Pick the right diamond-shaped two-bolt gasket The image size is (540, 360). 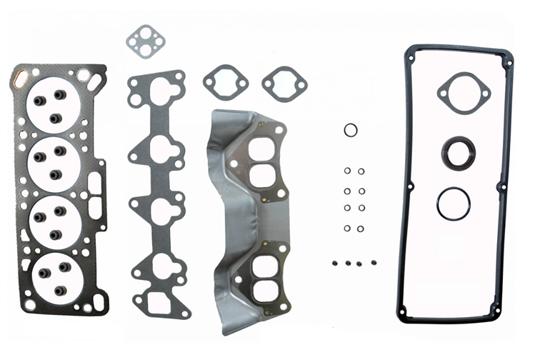284,84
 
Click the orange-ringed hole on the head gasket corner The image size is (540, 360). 21,73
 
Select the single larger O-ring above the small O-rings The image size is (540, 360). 351,130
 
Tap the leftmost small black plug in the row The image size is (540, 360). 334,263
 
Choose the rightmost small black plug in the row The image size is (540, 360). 372,263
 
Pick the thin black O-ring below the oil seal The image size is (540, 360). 454,204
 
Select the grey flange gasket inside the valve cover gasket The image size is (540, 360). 464,93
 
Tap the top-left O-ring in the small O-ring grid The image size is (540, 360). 347,171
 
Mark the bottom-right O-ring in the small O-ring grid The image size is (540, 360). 361,229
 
